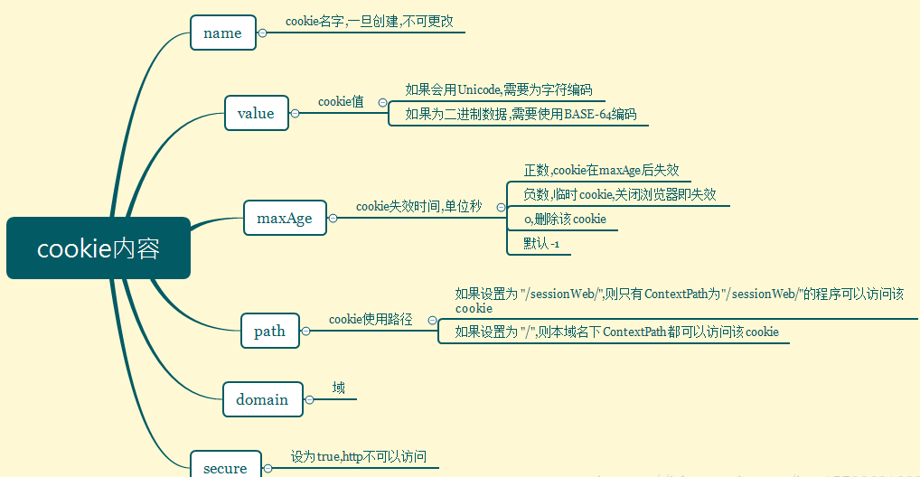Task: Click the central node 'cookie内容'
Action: click(99, 248)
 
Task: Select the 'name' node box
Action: click(222, 33)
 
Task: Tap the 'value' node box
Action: click(256, 113)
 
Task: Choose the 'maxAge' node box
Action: click(285, 218)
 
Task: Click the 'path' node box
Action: click(269, 331)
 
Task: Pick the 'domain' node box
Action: click(262, 399)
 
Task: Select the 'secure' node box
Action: click(225, 467)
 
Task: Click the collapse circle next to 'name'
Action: click(262, 33)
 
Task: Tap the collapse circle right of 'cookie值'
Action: click(382, 103)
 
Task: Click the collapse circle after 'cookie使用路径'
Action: click(432, 320)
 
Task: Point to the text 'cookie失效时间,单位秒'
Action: click(418, 207)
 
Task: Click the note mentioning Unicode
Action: click(499, 89)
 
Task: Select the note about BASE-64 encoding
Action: click(521, 114)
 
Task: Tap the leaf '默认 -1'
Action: click(541, 244)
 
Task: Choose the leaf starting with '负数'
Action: click(620, 194)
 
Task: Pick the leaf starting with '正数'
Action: click(601, 170)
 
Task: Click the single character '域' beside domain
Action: click(338, 388)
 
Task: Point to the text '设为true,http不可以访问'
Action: click(358, 457)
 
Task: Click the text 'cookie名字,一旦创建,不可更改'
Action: click(369, 21)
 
